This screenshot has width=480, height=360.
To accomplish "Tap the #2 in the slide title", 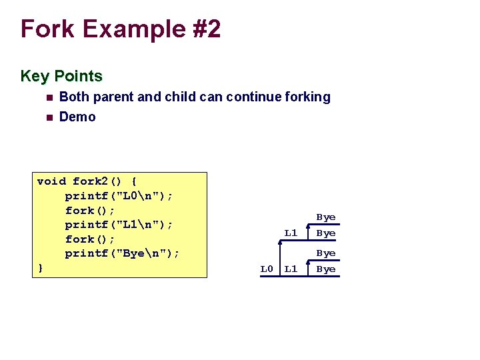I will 204,29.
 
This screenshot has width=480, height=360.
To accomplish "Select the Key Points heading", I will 61,76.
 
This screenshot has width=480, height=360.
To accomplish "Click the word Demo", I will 77,117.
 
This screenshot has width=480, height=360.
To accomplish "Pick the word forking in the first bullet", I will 307,97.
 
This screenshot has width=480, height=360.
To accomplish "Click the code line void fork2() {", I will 87,181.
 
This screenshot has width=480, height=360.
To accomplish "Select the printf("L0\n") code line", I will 119,196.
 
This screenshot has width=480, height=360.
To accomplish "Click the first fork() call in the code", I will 90,210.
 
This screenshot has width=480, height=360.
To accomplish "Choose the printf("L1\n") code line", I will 119,225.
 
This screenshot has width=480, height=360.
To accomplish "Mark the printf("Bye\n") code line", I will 122,253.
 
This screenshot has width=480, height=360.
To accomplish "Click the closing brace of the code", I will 40,268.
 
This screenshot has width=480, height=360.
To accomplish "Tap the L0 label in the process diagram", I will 267,269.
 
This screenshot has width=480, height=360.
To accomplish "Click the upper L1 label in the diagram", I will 291,233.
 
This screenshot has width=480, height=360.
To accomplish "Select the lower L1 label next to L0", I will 291,269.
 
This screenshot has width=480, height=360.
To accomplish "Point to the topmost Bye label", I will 326,217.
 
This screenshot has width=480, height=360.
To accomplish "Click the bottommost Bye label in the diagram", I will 326,269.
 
